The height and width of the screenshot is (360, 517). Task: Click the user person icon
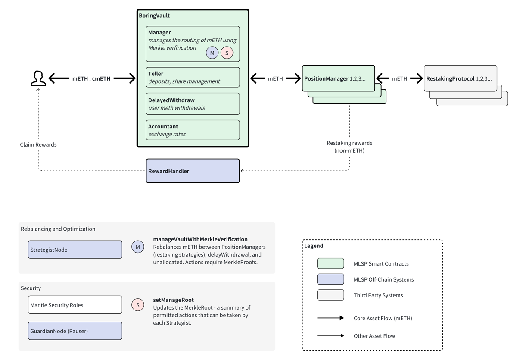tap(38, 78)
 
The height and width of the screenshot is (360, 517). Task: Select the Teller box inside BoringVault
tap(193, 77)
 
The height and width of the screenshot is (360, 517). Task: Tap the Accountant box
tap(193, 130)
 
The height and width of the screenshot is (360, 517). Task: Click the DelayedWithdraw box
tap(193, 103)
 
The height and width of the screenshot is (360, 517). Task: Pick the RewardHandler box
tap(193, 171)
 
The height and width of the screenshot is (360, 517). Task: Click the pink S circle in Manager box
tap(227, 53)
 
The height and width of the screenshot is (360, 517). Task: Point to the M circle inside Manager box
tap(212, 53)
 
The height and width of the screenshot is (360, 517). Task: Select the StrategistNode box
tap(75, 250)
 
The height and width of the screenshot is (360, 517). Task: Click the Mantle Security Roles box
tap(75, 305)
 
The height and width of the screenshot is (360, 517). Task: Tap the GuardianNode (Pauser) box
tap(75, 331)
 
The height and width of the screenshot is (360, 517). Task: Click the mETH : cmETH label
tap(91, 78)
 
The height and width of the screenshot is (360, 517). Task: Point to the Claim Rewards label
tap(38, 144)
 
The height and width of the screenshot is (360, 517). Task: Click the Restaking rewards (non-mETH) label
tap(349, 147)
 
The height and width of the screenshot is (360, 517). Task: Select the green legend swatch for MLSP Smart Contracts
tap(330, 263)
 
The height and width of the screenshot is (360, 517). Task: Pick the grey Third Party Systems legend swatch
tap(330, 295)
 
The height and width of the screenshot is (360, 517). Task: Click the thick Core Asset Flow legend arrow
tap(330, 318)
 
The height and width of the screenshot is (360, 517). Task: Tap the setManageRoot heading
tap(173, 300)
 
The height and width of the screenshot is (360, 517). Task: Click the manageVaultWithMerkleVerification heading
tap(200, 239)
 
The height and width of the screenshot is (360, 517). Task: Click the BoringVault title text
tap(154, 16)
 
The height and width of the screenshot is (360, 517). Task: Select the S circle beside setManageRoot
tap(138, 305)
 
